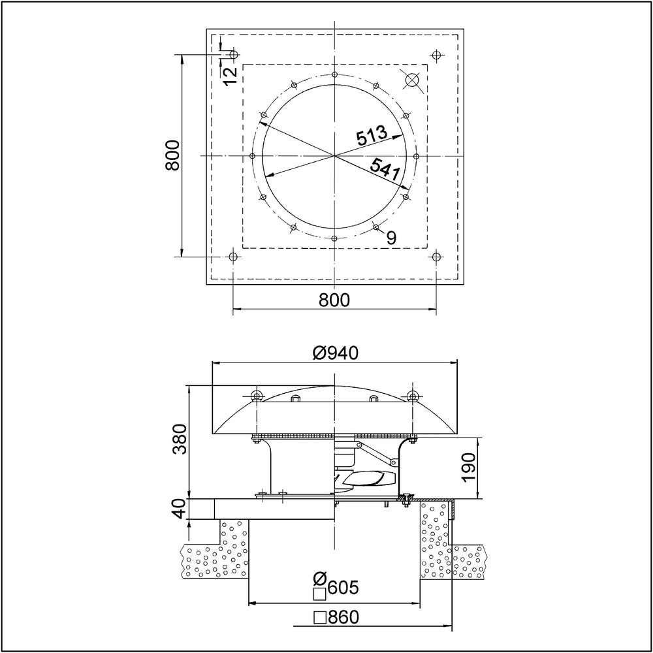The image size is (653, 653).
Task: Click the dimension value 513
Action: click(372, 135)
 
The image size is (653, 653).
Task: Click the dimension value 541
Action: click(385, 169)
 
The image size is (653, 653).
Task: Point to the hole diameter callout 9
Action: click(390, 238)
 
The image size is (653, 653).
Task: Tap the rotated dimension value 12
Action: click(231, 75)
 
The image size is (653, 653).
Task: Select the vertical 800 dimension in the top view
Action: click(172, 155)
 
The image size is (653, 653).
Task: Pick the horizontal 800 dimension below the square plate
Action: click(334, 300)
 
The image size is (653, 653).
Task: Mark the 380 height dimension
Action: click(180, 439)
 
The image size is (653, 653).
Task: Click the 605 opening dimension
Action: click(343, 588)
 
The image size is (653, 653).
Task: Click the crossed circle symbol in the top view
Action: click(412, 80)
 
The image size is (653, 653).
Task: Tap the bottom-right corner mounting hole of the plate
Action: click(436, 257)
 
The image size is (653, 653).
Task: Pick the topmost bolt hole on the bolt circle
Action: click(334, 74)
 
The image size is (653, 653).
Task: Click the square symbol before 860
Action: click(320, 618)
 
